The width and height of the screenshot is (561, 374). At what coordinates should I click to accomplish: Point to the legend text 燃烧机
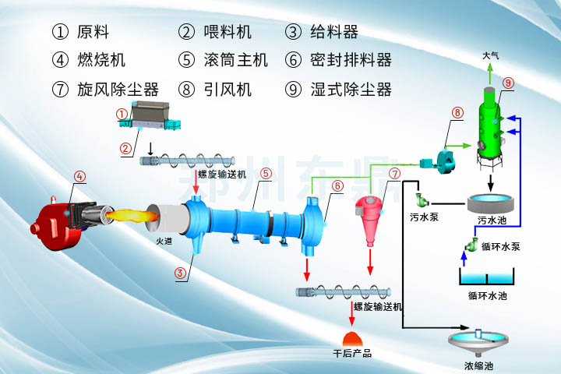[101, 60]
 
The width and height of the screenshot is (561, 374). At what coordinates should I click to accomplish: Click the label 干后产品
[351, 354]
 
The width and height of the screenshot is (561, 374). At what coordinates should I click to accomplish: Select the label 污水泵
[424, 217]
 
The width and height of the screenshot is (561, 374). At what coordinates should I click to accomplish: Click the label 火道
[164, 242]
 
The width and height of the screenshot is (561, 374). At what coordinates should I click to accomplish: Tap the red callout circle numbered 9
[508, 83]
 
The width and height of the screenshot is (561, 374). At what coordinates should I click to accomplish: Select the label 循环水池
[488, 296]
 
